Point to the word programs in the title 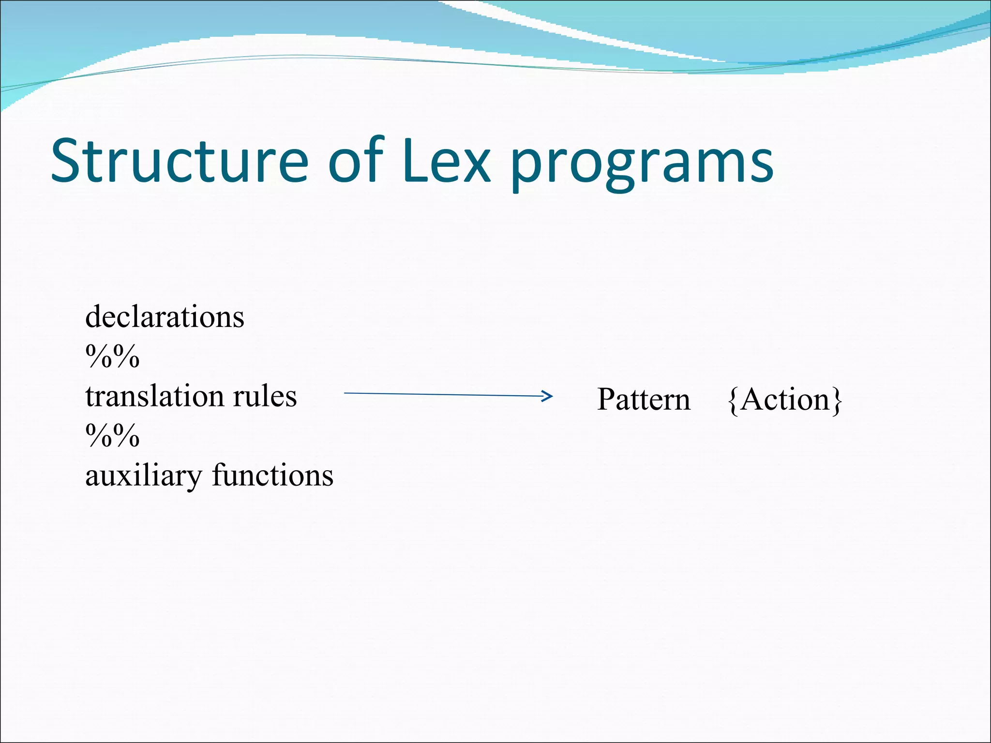coord(642,164)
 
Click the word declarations coord(165,317)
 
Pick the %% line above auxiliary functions coord(112,436)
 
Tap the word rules coord(265,397)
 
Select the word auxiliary coord(143,476)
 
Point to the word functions coord(272,475)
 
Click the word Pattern coord(644,400)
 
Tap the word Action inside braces coord(785,400)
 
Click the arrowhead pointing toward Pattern coord(548,396)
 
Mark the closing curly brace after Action coord(837,401)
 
